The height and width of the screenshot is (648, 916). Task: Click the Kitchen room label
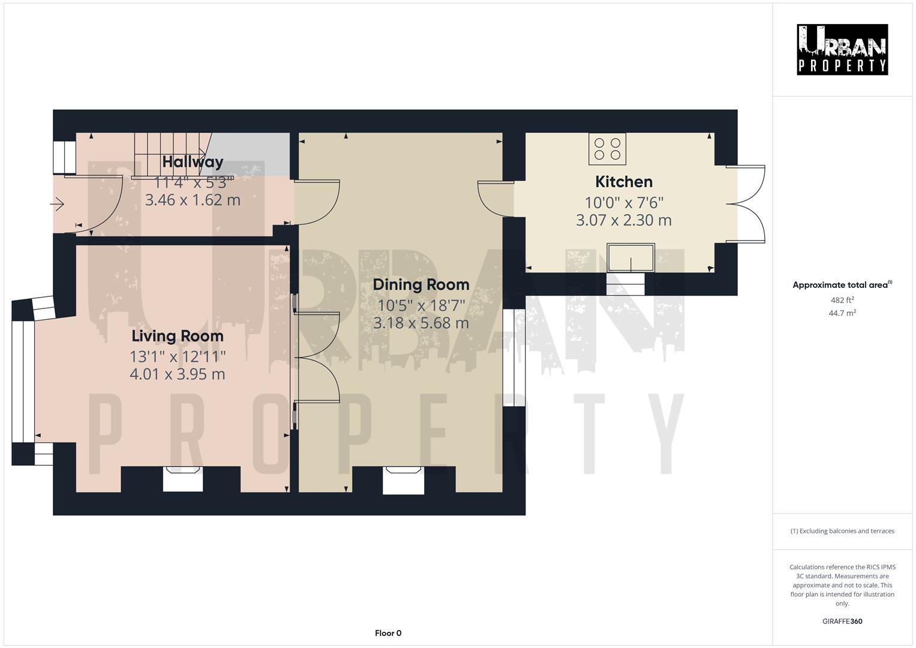(x=623, y=182)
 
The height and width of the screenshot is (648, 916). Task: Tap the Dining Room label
(x=421, y=284)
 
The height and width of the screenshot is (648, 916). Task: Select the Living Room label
(x=178, y=336)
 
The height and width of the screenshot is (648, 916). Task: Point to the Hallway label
(x=193, y=161)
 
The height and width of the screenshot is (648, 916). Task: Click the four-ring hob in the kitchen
(x=607, y=149)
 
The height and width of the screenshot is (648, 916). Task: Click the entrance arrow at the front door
(x=58, y=205)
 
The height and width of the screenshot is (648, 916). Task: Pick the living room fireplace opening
(x=183, y=480)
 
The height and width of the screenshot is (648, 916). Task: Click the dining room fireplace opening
(x=403, y=481)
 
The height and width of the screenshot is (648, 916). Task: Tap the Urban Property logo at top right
(x=842, y=50)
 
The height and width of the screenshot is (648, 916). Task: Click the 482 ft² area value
(x=842, y=300)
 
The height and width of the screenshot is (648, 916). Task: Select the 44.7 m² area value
(x=842, y=313)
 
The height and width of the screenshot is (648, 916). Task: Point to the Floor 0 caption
(x=388, y=633)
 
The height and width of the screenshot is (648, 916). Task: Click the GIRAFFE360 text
(x=842, y=622)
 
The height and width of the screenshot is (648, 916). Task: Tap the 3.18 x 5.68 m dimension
(x=421, y=323)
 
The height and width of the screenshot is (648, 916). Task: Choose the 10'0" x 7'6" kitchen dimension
(x=623, y=203)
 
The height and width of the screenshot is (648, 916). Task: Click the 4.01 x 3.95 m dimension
(x=178, y=374)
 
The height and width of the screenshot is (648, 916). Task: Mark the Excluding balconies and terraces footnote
(x=842, y=531)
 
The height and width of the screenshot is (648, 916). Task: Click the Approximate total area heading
(x=842, y=285)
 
